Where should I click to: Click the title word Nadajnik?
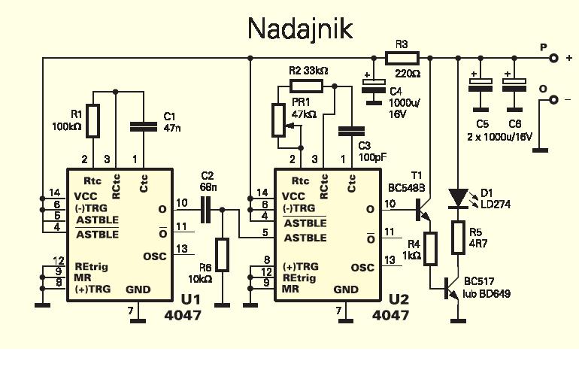[x=299, y=29]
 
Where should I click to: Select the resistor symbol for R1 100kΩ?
[x=92, y=121]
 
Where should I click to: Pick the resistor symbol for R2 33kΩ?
[x=306, y=85]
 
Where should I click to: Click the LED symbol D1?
[x=458, y=198]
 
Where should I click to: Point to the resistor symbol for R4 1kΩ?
[x=429, y=249]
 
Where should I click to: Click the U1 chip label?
[x=183, y=300]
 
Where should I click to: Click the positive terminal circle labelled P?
[x=553, y=57]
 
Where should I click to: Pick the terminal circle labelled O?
[x=553, y=99]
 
